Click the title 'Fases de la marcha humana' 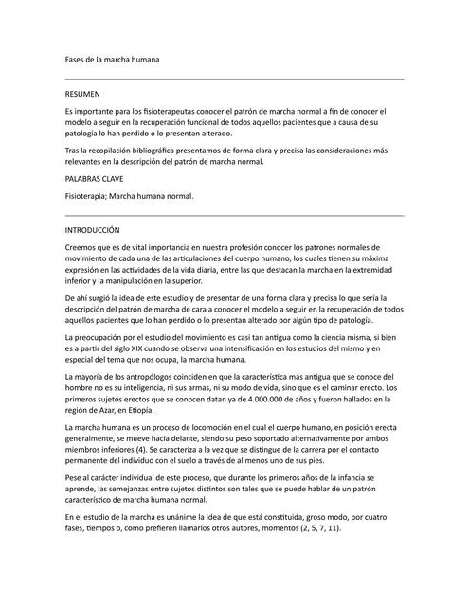112,60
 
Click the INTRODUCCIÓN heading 92,230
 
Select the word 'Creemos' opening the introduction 82,247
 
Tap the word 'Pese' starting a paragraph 74,479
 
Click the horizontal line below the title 234,79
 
